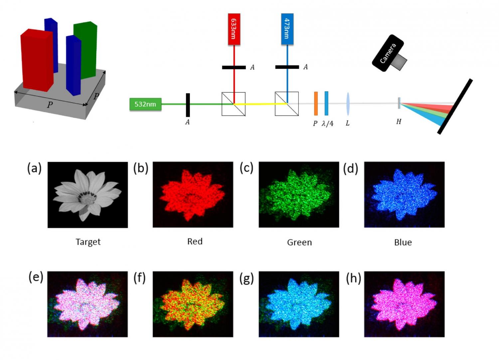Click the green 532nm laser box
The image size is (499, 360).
[x=145, y=104]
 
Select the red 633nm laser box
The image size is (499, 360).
[x=234, y=29]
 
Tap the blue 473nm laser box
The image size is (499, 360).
[x=287, y=29]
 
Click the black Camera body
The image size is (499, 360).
[x=388, y=53]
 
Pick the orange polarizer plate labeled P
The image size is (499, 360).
[x=316, y=103]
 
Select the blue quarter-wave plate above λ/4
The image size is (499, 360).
[x=326, y=103]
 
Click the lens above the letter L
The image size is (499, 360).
[x=348, y=104]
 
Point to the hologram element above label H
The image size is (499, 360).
[x=399, y=103]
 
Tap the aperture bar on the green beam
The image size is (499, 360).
[x=188, y=105]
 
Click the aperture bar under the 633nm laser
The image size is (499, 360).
[x=234, y=68]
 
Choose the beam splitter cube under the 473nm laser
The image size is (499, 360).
[x=286, y=104]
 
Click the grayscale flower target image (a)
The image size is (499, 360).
[x=87, y=195]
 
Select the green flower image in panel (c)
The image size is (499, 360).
[x=299, y=195]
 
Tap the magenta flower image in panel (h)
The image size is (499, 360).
[x=404, y=304]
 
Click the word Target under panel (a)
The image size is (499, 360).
[x=88, y=242]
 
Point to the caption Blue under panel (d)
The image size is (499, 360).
[x=403, y=242]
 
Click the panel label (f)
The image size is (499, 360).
[x=139, y=278]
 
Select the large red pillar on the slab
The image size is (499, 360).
[x=37, y=60]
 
